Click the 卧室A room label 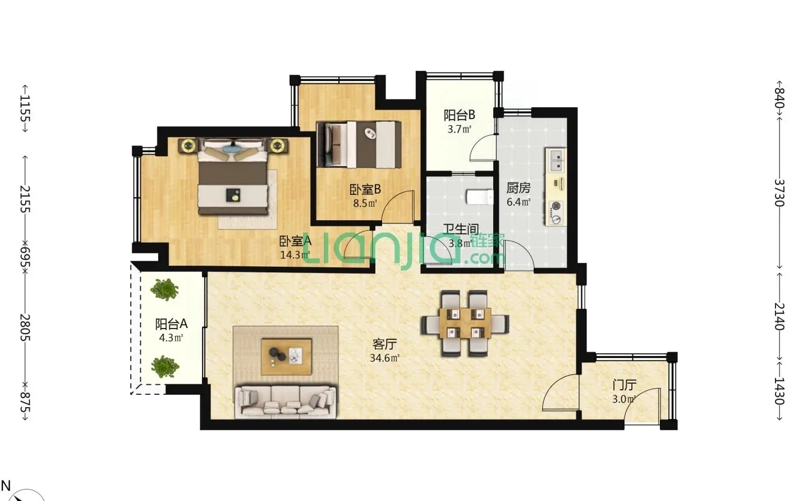click(x=295, y=242)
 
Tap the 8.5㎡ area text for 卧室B click(x=365, y=203)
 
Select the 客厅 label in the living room click(x=384, y=344)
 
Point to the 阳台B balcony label click(x=459, y=115)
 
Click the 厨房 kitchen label click(x=518, y=188)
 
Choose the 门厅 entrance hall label click(x=624, y=385)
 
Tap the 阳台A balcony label click(x=171, y=324)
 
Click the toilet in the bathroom click(x=479, y=198)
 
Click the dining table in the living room click(x=465, y=323)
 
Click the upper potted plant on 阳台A click(x=164, y=290)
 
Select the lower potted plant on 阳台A click(x=164, y=367)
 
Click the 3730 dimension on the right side click(x=779, y=193)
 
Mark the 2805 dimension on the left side click(x=25, y=327)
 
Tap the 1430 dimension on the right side click(x=779, y=391)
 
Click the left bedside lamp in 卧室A click(x=187, y=146)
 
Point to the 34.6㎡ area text click(x=384, y=358)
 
